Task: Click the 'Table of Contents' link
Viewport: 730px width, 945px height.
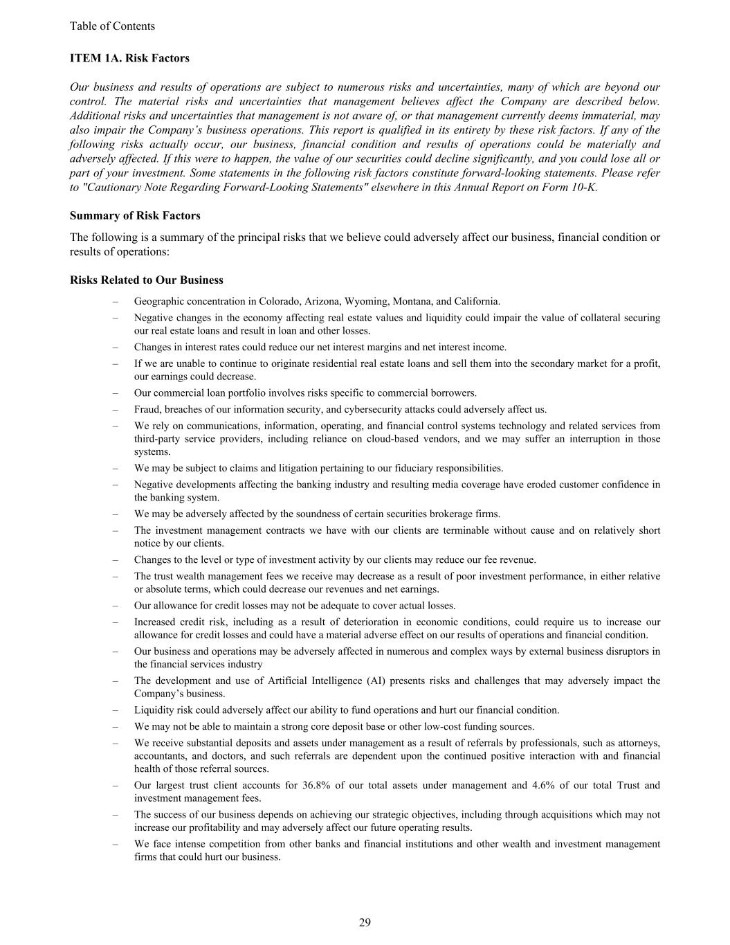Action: [112, 26]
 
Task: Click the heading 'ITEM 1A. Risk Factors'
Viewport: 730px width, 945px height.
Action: [129, 58]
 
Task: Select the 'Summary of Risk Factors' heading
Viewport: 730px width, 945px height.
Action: [135, 215]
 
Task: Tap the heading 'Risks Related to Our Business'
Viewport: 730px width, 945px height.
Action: [147, 280]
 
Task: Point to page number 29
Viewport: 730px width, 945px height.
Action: [365, 922]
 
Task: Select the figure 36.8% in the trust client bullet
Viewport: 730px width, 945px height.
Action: [316, 785]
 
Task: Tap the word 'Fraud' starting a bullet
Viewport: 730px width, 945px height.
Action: [147, 409]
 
